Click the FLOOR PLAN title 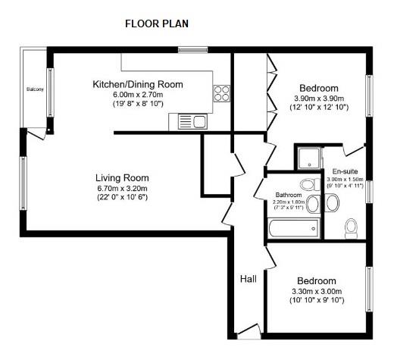pyautogui.click(x=157, y=23)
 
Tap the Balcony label pyautogui.click(x=35, y=89)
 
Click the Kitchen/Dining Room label pyautogui.click(x=137, y=83)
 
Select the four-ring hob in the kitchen pyautogui.click(x=222, y=93)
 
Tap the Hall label pyautogui.click(x=248, y=279)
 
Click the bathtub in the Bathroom pyautogui.click(x=292, y=227)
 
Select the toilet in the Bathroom pyautogui.click(x=308, y=184)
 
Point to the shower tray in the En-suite pyautogui.click(x=309, y=158)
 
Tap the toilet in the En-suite pyautogui.click(x=352, y=227)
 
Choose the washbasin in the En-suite pyautogui.click(x=333, y=202)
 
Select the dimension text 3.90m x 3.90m pyautogui.click(x=319, y=99)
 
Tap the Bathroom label pyautogui.click(x=289, y=195)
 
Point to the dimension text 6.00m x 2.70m pyautogui.click(x=137, y=94)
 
